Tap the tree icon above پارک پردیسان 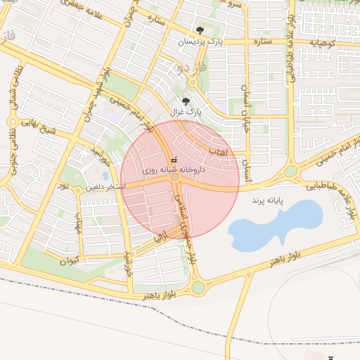pos(200,30)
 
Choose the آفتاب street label pos(217,151)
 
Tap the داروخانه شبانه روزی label pos(173,169)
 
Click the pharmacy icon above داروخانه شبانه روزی pos(174,160)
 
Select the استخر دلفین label pos(105,187)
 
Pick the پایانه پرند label pos(271,200)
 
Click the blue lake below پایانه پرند pos(274,225)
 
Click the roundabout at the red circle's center pos(174,179)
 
